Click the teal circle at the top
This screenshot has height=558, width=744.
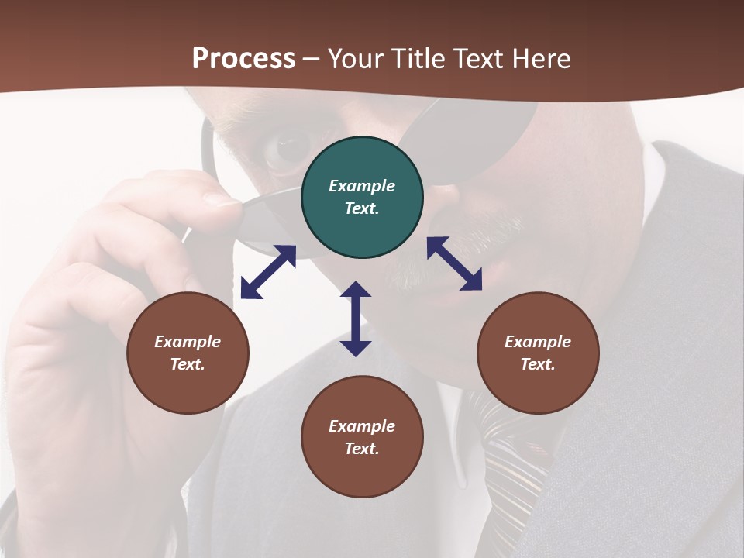[362, 198]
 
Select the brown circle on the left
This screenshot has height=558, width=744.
[188, 353]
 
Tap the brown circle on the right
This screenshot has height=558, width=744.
[538, 353]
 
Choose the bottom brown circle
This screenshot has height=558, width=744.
[362, 437]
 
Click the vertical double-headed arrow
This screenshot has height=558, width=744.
[356, 319]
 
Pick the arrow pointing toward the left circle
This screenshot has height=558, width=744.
[268, 272]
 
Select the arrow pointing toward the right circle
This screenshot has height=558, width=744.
[455, 263]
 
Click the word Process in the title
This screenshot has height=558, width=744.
[243, 58]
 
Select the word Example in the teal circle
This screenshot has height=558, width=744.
[362, 186]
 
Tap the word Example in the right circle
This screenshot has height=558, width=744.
[538, 342]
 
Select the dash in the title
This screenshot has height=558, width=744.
[312, 60]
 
